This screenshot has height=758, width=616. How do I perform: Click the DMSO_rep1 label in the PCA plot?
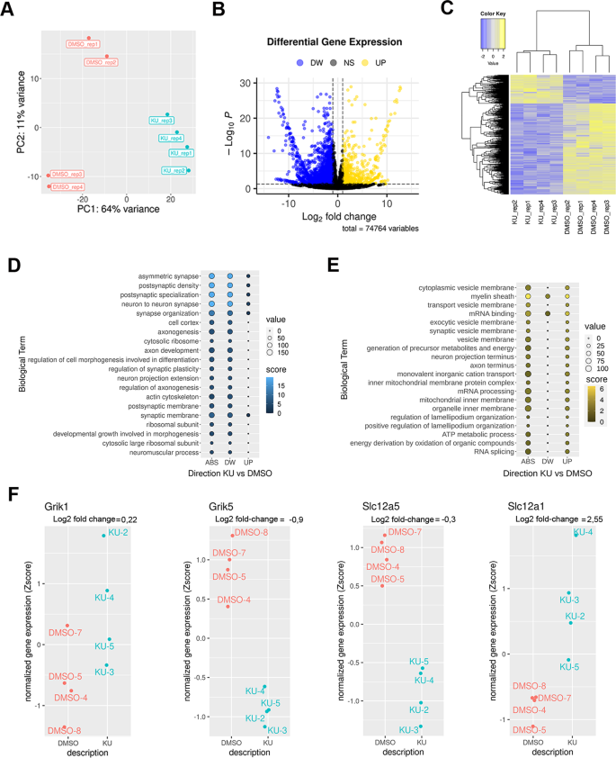(83, 43)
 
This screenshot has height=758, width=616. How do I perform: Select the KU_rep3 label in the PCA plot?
(162, 120)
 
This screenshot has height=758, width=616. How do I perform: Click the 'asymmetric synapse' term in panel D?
(166, 275)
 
